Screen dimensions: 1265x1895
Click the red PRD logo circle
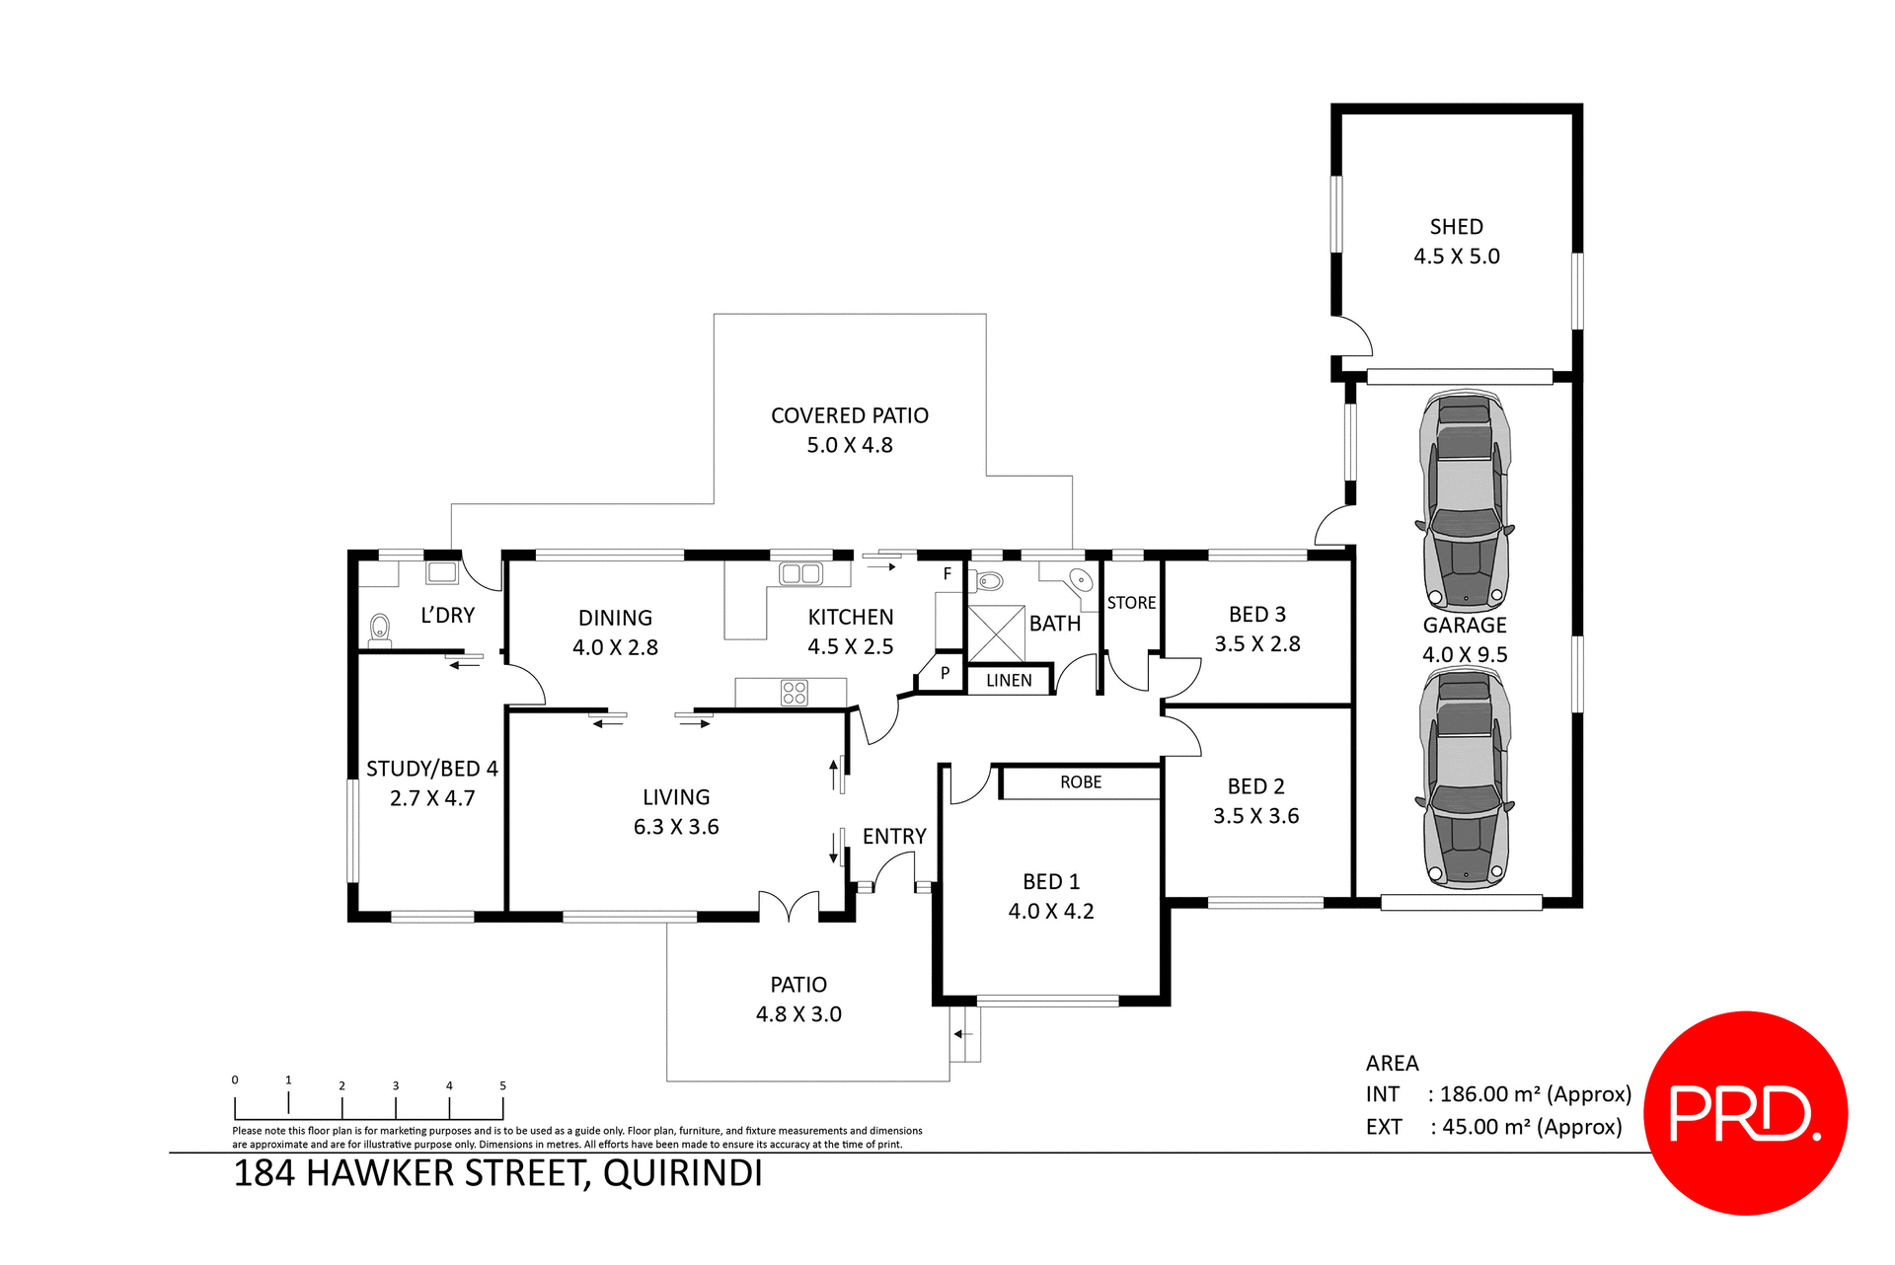1745,1112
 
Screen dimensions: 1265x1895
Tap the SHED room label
1456,227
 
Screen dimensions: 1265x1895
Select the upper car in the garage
1466,501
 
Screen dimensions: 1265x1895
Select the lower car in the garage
1466,778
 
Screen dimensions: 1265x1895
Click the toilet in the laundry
380,628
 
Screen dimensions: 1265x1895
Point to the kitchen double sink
800,573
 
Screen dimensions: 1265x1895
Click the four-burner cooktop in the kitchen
795,693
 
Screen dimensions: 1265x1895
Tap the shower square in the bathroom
996,633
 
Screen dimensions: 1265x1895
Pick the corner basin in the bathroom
1080,579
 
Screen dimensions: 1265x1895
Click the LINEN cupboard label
1009,681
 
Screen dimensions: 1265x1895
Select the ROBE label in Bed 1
1081,782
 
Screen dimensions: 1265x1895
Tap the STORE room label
1131,603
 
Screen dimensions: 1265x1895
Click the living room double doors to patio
789,905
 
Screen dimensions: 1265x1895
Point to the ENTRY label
894,837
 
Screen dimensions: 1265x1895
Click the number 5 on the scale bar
502,1085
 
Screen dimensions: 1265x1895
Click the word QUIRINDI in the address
682,1174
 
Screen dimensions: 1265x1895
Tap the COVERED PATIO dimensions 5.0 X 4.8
849,445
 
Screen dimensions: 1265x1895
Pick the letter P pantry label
945,673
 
